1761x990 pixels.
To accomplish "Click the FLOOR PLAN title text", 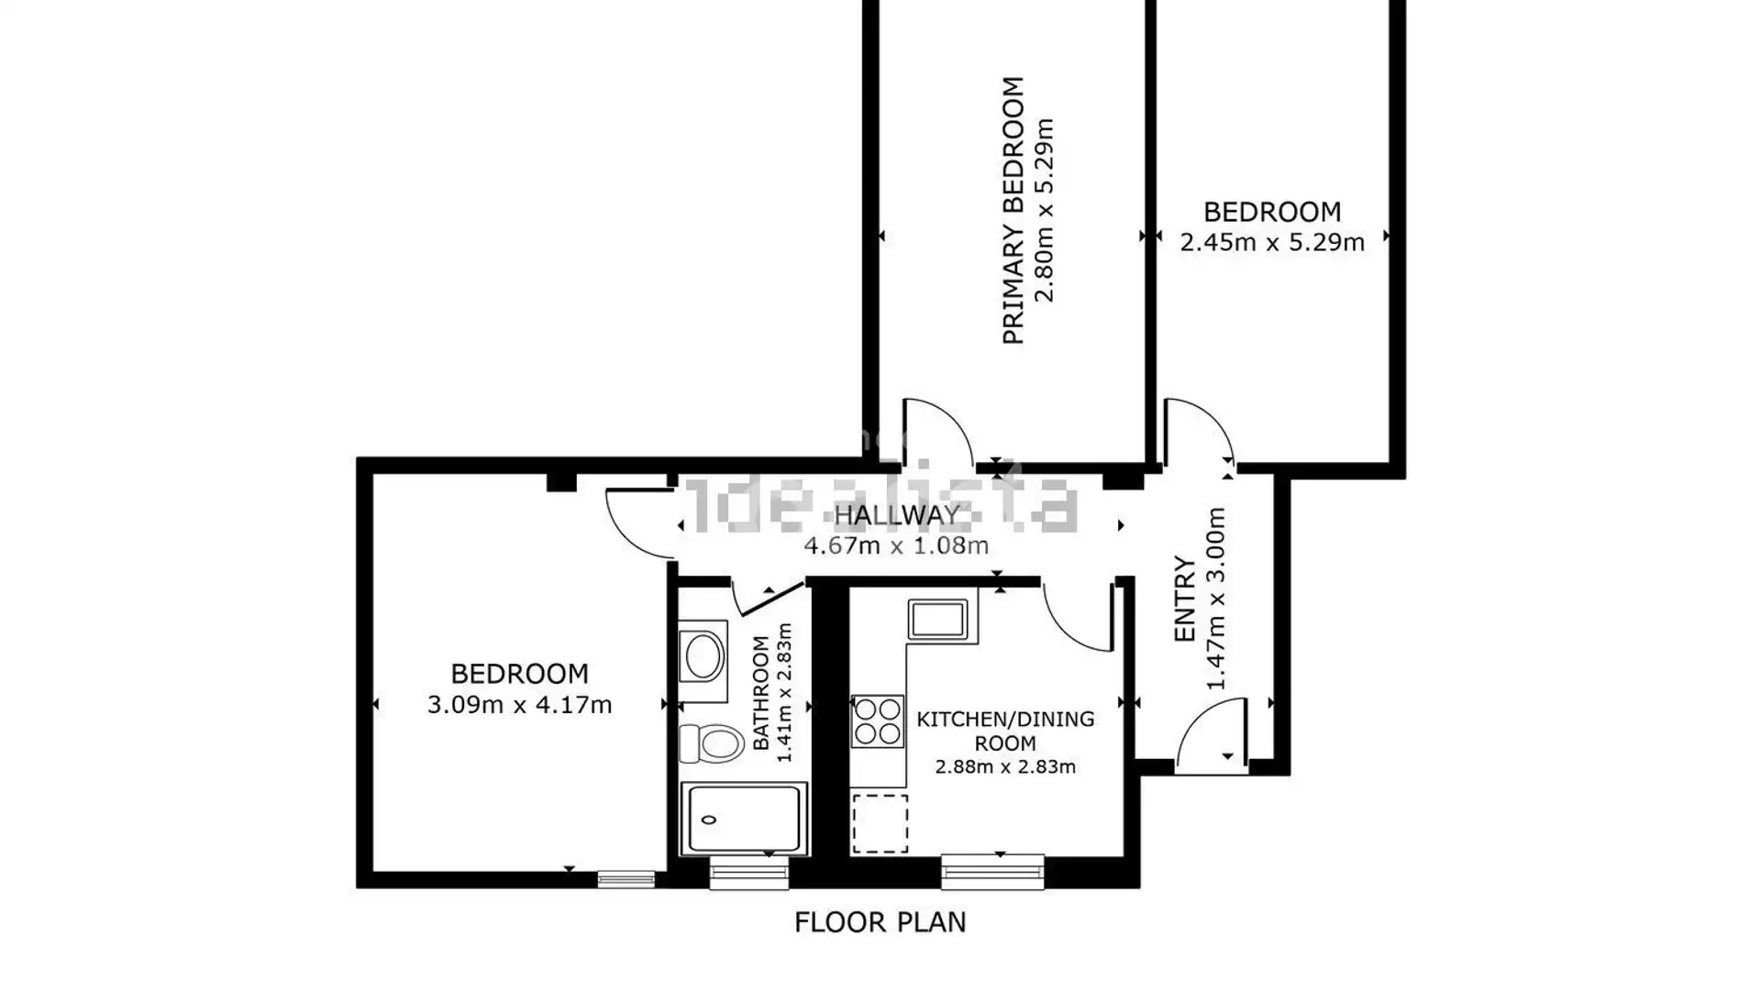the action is [880, 922].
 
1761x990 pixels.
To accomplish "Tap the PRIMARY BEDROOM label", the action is [1013, 210].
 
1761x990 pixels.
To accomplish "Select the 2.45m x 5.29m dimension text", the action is [1271, 242].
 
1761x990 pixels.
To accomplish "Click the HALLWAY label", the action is [896, 515].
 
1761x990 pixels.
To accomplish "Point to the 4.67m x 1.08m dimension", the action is [896, 546].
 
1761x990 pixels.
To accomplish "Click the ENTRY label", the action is [1185, 599].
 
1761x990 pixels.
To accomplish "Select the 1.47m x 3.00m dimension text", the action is [1215, 599].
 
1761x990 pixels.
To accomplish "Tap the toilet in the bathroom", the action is [711, 742].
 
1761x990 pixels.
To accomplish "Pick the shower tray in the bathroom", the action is [744, 819].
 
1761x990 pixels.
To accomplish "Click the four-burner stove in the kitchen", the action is [877, 721].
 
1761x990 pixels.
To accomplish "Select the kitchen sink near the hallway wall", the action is [937, 619].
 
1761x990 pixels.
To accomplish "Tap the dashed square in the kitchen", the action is [880, 823].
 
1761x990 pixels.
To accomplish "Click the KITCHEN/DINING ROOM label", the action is [1005, 731].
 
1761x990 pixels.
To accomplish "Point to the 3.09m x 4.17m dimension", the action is [519, 705].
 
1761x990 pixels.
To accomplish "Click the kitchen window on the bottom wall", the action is [992, 872].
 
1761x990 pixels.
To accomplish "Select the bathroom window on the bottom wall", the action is [748, 873].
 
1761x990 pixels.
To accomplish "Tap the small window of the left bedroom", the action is [626, 880].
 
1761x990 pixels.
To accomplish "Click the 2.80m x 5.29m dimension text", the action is [1044, 210].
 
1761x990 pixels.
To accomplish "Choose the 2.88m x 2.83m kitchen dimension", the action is [1005, 767].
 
